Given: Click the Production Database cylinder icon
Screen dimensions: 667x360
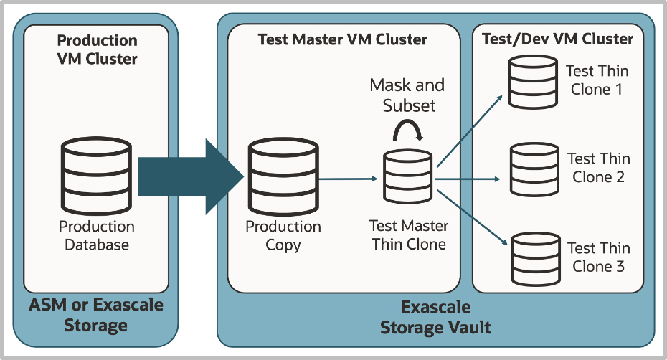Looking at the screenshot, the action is (x=96, y=176).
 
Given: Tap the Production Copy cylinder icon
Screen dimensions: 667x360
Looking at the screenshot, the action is (x=283, y=176).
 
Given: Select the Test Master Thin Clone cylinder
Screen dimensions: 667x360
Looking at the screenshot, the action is (x=407, y=176).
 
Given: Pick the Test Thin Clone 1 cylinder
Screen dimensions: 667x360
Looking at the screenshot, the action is (x=533, y=82).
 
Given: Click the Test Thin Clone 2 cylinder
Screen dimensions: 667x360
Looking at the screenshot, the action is (x=534, y=169).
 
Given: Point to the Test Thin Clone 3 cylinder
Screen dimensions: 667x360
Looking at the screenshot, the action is (x=536, y=259).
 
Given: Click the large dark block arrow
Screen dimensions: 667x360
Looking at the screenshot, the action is (x=191, y=176).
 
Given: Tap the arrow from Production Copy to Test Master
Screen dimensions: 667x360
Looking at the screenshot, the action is (x=348, y=179).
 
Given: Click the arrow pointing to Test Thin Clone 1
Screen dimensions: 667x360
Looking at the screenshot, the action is (x=470, y=131).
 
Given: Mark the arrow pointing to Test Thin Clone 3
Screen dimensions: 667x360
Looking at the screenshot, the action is (x=472, y=217).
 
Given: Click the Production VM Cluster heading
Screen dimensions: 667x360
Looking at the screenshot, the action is (x=97, y=49).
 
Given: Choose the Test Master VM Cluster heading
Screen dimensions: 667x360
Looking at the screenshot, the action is (x=342, y=39).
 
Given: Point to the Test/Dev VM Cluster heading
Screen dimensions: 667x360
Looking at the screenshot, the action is (x=557, y=39).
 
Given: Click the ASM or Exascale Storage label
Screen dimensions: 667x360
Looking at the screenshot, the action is (x=95, y=315).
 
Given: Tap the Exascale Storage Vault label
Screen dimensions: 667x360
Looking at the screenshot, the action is (x=435, y=318).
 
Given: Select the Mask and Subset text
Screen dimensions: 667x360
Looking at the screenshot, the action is (x=407, y=95).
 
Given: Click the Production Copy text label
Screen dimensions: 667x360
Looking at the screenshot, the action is (x=283, y=236).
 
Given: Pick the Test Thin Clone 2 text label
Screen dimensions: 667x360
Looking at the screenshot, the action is (x=599, y=168).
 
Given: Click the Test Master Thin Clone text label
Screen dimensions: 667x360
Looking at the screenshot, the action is (x=408, y=235).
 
